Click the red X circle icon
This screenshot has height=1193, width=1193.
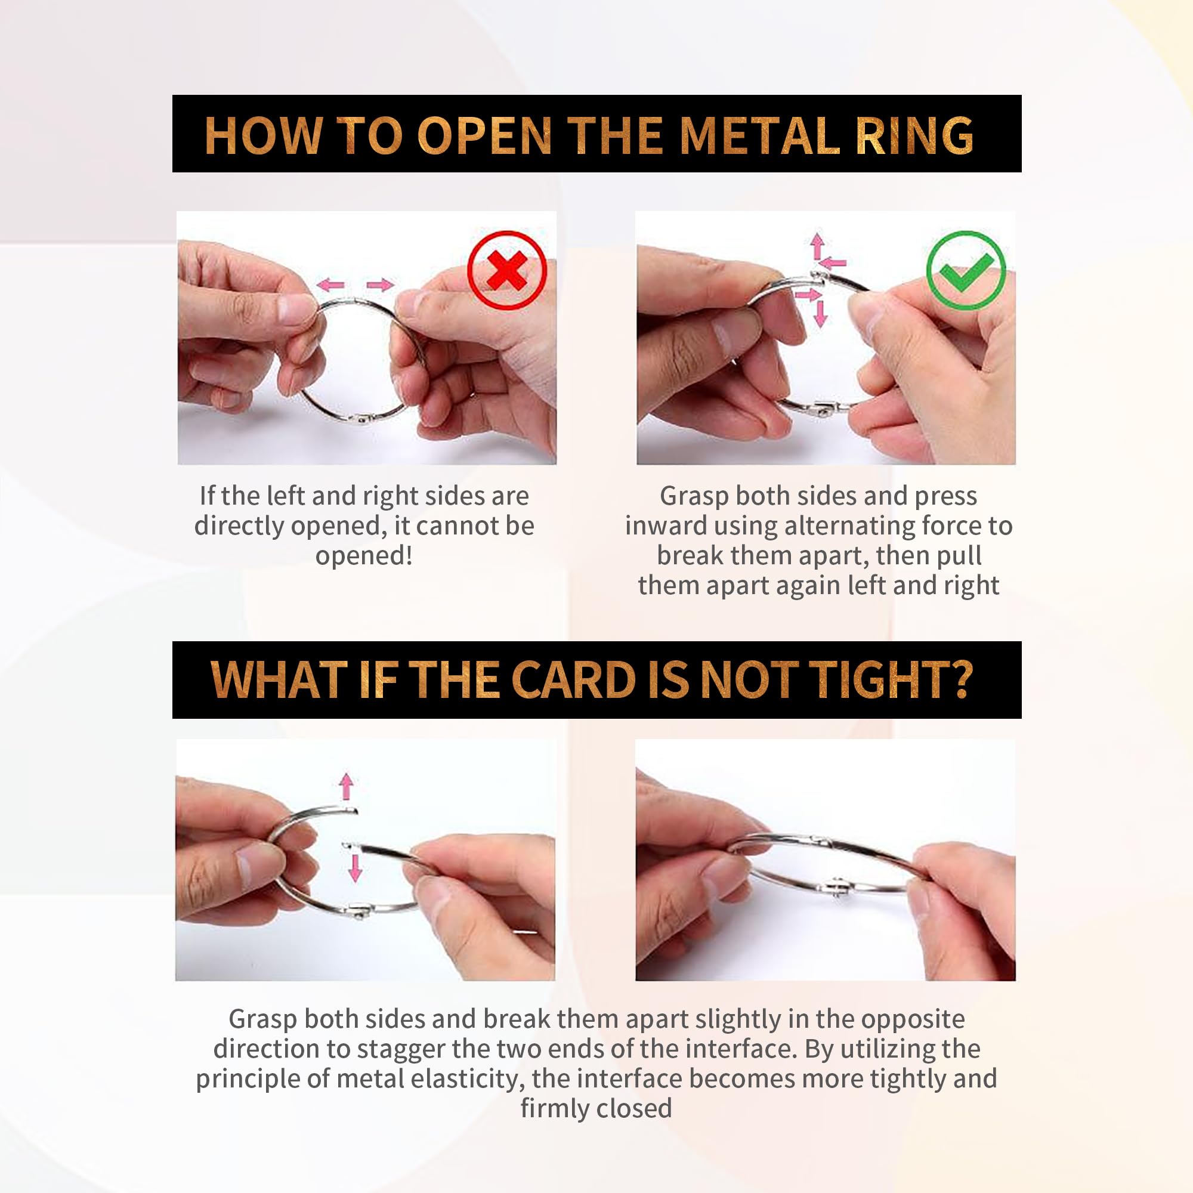[507, 270]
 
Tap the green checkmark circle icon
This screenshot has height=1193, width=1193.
[966, 270]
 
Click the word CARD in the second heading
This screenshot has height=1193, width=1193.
[574, 680]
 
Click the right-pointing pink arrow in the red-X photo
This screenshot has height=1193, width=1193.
[380, 285]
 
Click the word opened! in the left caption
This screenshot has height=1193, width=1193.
[364, 556]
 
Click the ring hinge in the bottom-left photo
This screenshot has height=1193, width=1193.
[360, 910]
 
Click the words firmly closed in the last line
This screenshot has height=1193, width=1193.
[596, 1108]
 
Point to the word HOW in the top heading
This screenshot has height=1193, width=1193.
[264, 135]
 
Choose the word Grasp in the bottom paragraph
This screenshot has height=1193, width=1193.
[263, 1019]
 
